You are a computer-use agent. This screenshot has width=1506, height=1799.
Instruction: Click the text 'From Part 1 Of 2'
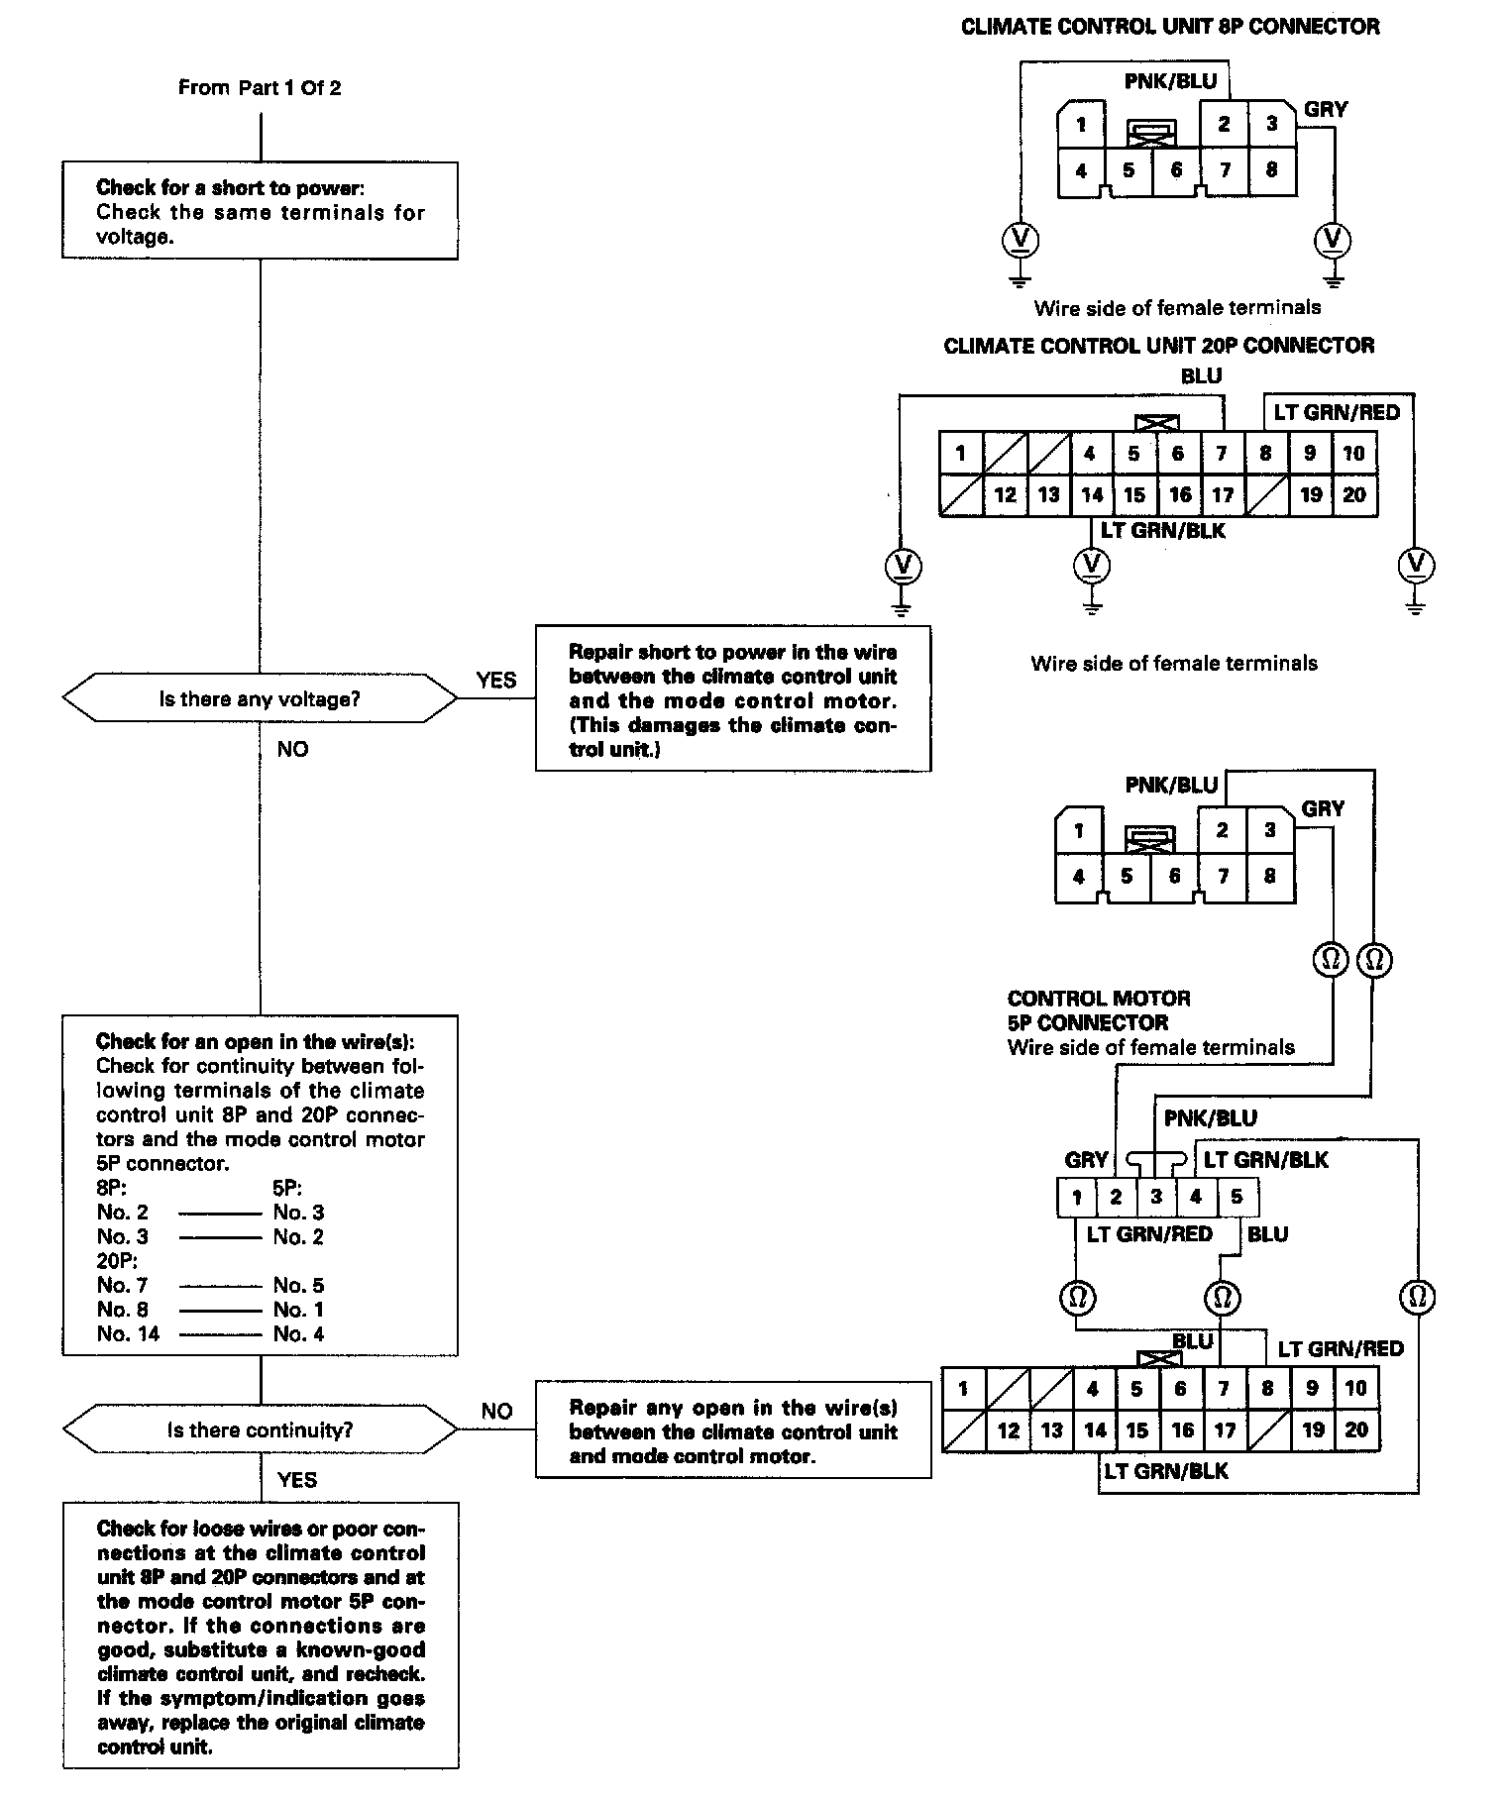tap(260, 88)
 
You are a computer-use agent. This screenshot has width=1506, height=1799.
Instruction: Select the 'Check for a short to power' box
tap(260, 211)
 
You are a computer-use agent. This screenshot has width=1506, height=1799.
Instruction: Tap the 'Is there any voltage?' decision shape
tap(260, 699)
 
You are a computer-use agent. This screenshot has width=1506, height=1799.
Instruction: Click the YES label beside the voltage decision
tap(495, 681)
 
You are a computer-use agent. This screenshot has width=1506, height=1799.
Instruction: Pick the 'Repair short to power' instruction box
tap(733, 698)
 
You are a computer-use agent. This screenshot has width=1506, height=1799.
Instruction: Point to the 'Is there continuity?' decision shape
tap(260, 1430)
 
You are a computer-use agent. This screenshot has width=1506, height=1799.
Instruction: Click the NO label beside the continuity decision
tap(496, 1412)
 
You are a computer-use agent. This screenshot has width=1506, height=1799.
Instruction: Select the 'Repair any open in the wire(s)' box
tap(733, 1431)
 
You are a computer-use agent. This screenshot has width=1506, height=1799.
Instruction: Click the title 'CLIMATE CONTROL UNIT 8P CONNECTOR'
tap(1170, 27)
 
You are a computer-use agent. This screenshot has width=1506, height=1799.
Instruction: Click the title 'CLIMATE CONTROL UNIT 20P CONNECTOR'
tap(1159, 346)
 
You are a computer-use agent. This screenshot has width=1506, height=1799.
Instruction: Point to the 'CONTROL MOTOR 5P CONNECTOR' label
tap(1099, 1010)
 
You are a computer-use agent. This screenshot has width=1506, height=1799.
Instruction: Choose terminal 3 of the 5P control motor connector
tap(1156, 1197)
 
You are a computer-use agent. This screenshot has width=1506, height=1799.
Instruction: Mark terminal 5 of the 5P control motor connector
tap(1237, 1197)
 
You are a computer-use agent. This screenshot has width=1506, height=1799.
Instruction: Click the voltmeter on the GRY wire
tap(1333, 240)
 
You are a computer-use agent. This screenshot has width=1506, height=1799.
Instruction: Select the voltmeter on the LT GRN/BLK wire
tap(1092, 566)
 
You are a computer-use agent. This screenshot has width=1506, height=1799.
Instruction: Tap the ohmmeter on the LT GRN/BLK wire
tap(1418, 1297)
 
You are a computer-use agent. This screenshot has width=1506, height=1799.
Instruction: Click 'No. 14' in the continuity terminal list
tap(128, 1334)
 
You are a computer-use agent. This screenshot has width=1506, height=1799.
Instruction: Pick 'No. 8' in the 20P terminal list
tap(122, 1310)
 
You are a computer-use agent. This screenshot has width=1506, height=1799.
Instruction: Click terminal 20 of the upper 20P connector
tap(1354, 494)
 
